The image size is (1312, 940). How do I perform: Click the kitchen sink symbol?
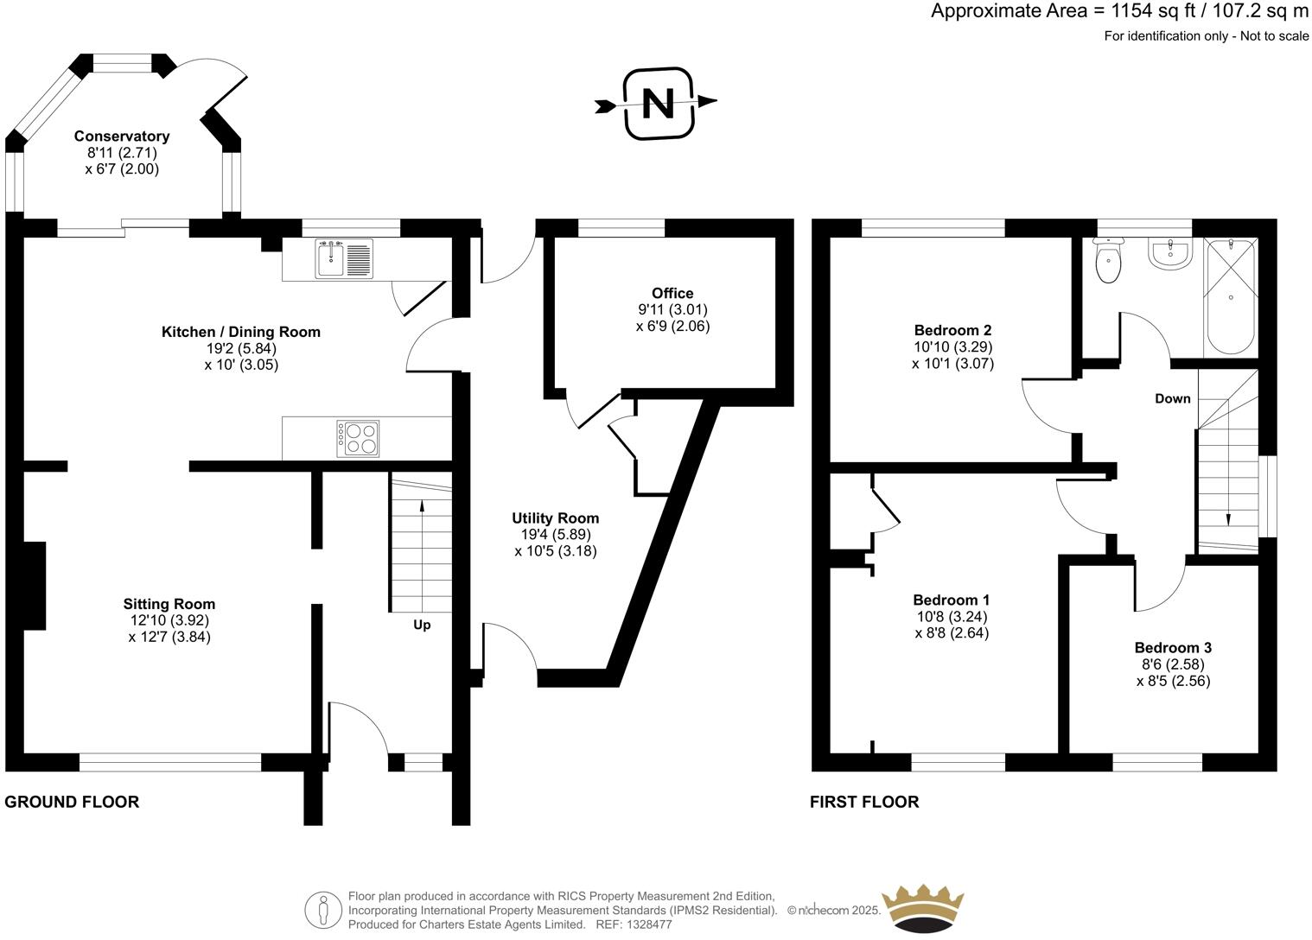[344, 258]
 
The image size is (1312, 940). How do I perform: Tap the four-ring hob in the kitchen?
[358, 438]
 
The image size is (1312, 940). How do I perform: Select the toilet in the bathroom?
[1107, 262]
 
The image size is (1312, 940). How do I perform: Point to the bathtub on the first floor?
[1230, 297]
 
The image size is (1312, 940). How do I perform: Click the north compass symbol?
[658, 104]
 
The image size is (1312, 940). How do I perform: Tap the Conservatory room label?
[122, 137]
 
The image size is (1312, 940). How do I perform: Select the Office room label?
[672, 294]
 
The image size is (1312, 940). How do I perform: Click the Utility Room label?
[555, 518]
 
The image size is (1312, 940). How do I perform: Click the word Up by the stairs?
[422, 625]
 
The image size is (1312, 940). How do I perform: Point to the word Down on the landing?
[1172, 398]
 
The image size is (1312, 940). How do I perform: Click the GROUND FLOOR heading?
[72, 802]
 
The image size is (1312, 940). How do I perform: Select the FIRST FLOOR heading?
[864, 802]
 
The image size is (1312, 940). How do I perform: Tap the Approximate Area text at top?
[1119, 11]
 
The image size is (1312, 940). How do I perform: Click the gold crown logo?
[921, 907]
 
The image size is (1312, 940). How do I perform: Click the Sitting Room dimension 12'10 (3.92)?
[169, 620]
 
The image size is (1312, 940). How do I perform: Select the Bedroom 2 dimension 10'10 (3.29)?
[952, 346]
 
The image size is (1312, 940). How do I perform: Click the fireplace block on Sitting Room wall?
[34, 586]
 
